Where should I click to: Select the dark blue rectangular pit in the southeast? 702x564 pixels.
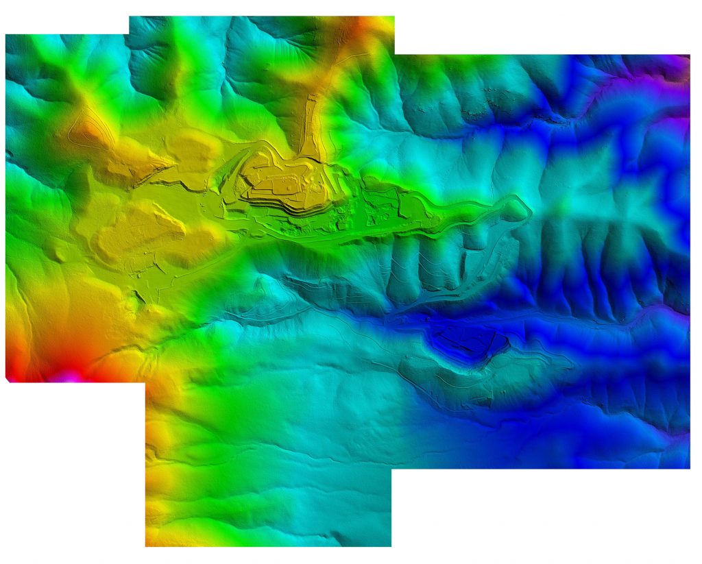467,340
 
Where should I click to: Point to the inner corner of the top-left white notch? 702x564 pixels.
129,34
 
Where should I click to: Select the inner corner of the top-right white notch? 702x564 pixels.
395,55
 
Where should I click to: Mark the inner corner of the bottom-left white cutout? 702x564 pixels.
145,382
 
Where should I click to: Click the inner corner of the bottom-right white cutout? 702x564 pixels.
391,469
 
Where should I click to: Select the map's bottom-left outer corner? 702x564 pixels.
145,546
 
